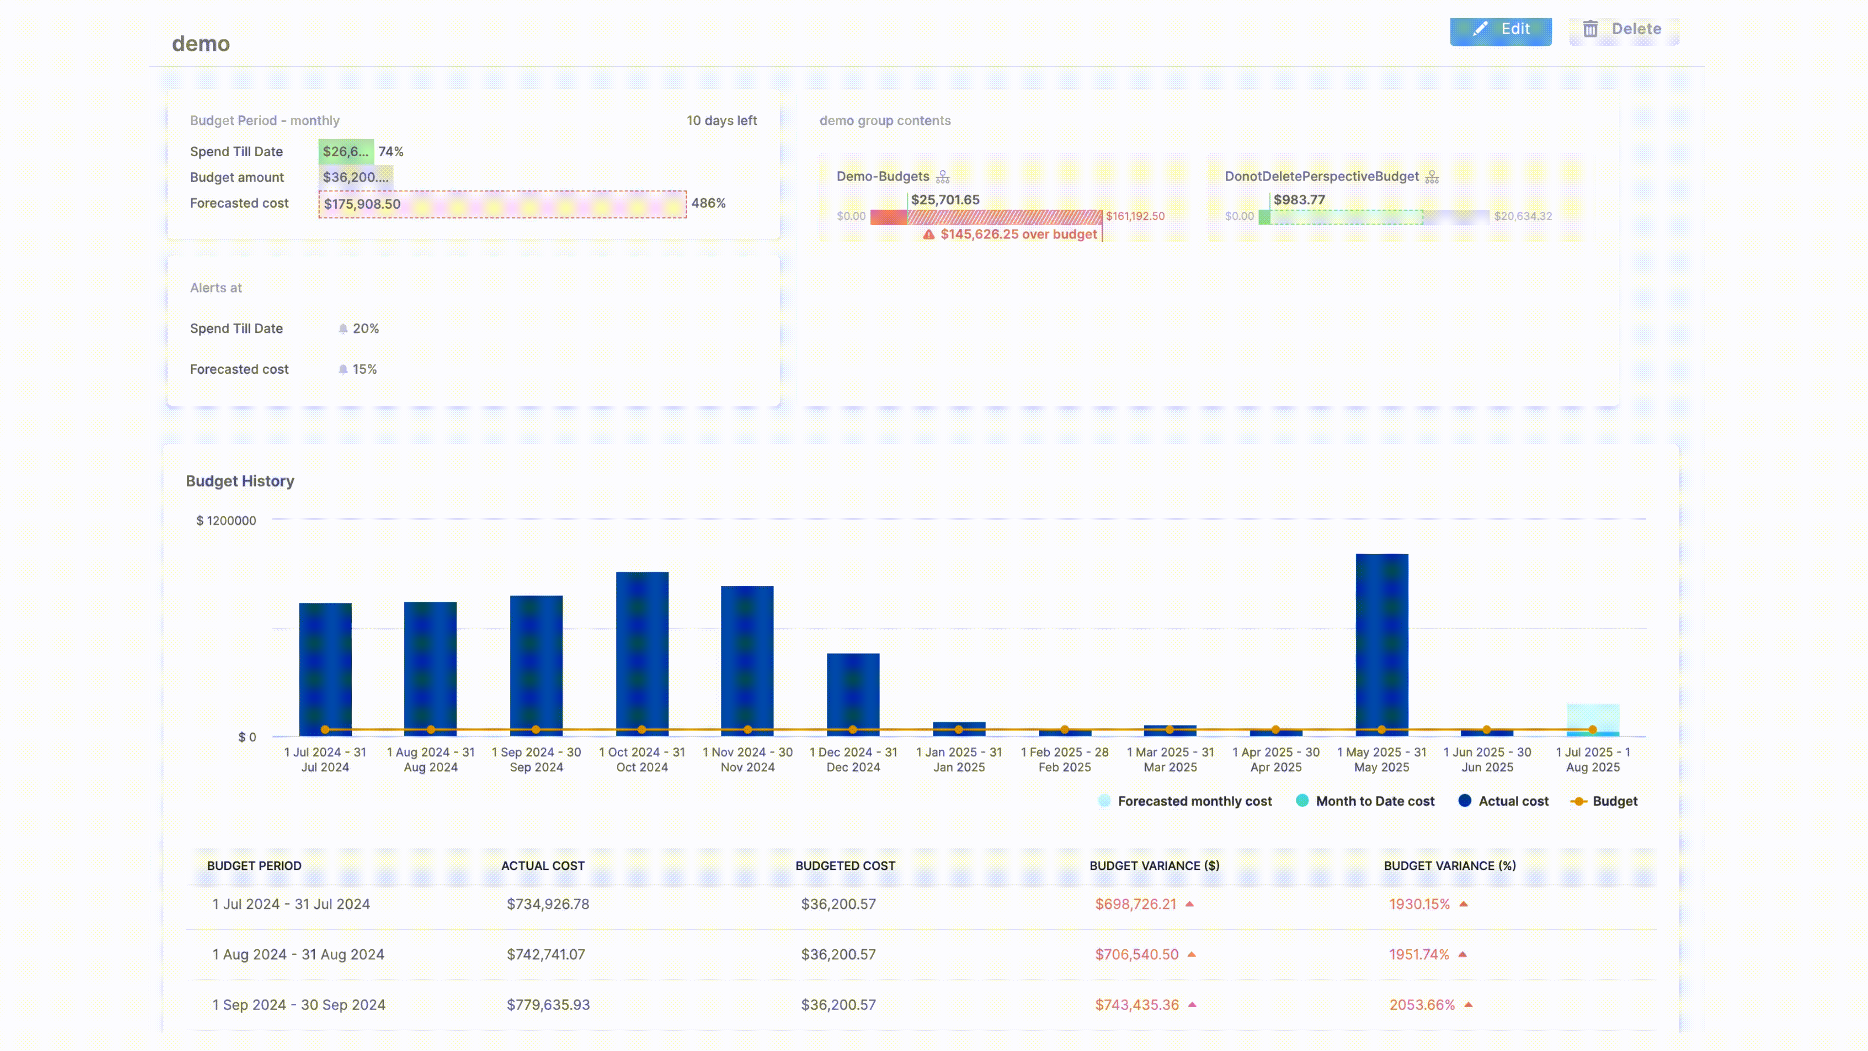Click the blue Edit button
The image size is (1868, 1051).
click(x=1500, y=30)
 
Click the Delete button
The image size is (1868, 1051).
click(x=1623, y=30)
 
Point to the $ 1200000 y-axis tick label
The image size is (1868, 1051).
click(x=226, y=521)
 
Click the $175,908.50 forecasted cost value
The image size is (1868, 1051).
click(x=362, y=204)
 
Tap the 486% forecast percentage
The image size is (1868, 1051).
click(x=708, y=203)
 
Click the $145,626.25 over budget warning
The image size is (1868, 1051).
click(x=1017, y=234)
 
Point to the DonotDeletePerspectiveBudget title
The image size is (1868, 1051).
click(x=1321, y=176)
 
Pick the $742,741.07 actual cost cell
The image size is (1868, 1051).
click(x=545, y=955)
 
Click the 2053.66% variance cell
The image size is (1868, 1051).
click(x=1421, y=1005)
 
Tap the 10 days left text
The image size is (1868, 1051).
click(x=721, y=120)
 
